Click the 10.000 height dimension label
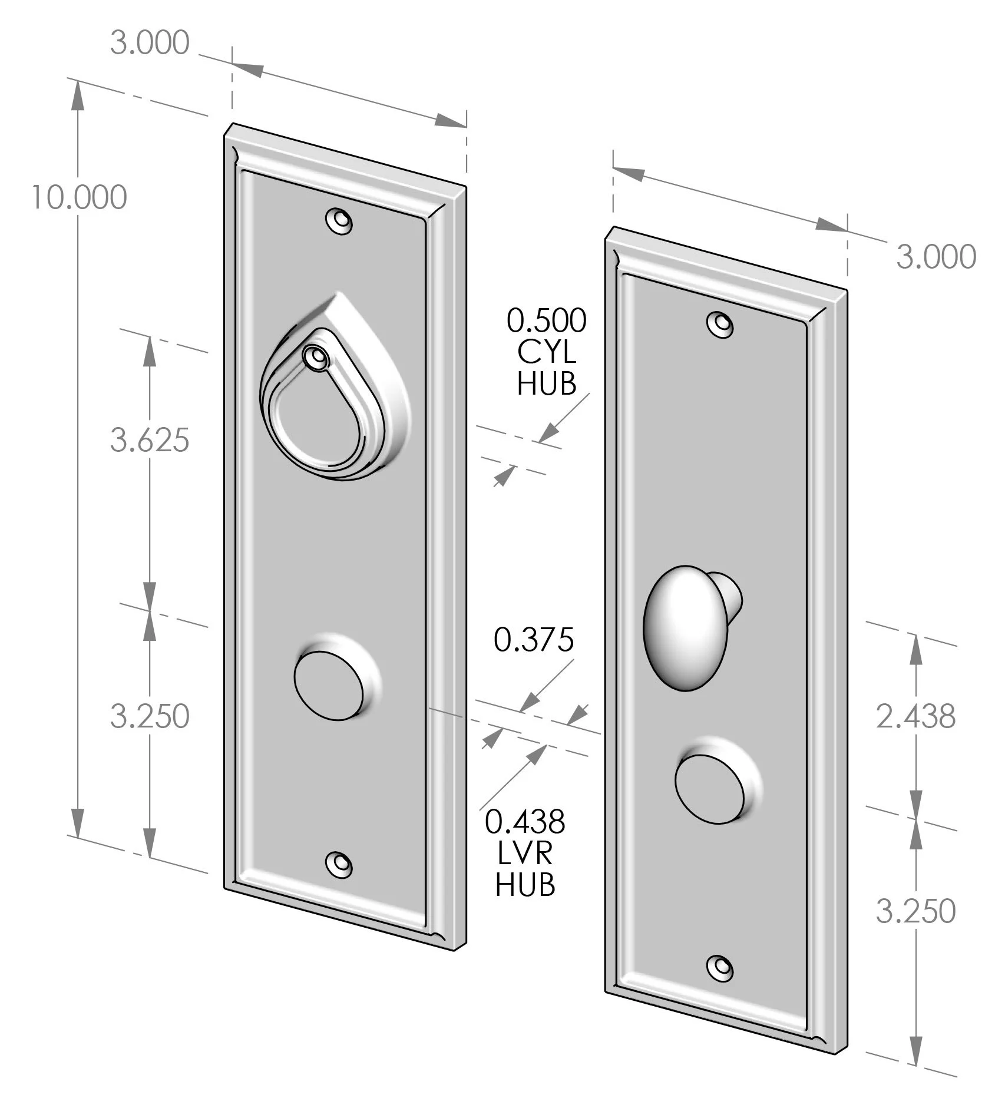[79, 197]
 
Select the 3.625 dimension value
[150, 440]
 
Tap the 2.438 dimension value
[915, 717]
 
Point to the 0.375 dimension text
[534, 640]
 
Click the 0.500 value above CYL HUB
[547, 321]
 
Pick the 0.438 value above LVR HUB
[525, 821]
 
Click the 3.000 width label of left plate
[150, 43]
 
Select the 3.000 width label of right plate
[936, 257]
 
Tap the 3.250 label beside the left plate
[150, 716]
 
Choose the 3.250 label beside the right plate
[915, 911]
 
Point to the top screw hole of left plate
[339, 221]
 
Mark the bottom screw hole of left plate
[339, 864]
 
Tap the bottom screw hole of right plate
[720, 967]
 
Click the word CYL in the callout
[547, 352]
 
